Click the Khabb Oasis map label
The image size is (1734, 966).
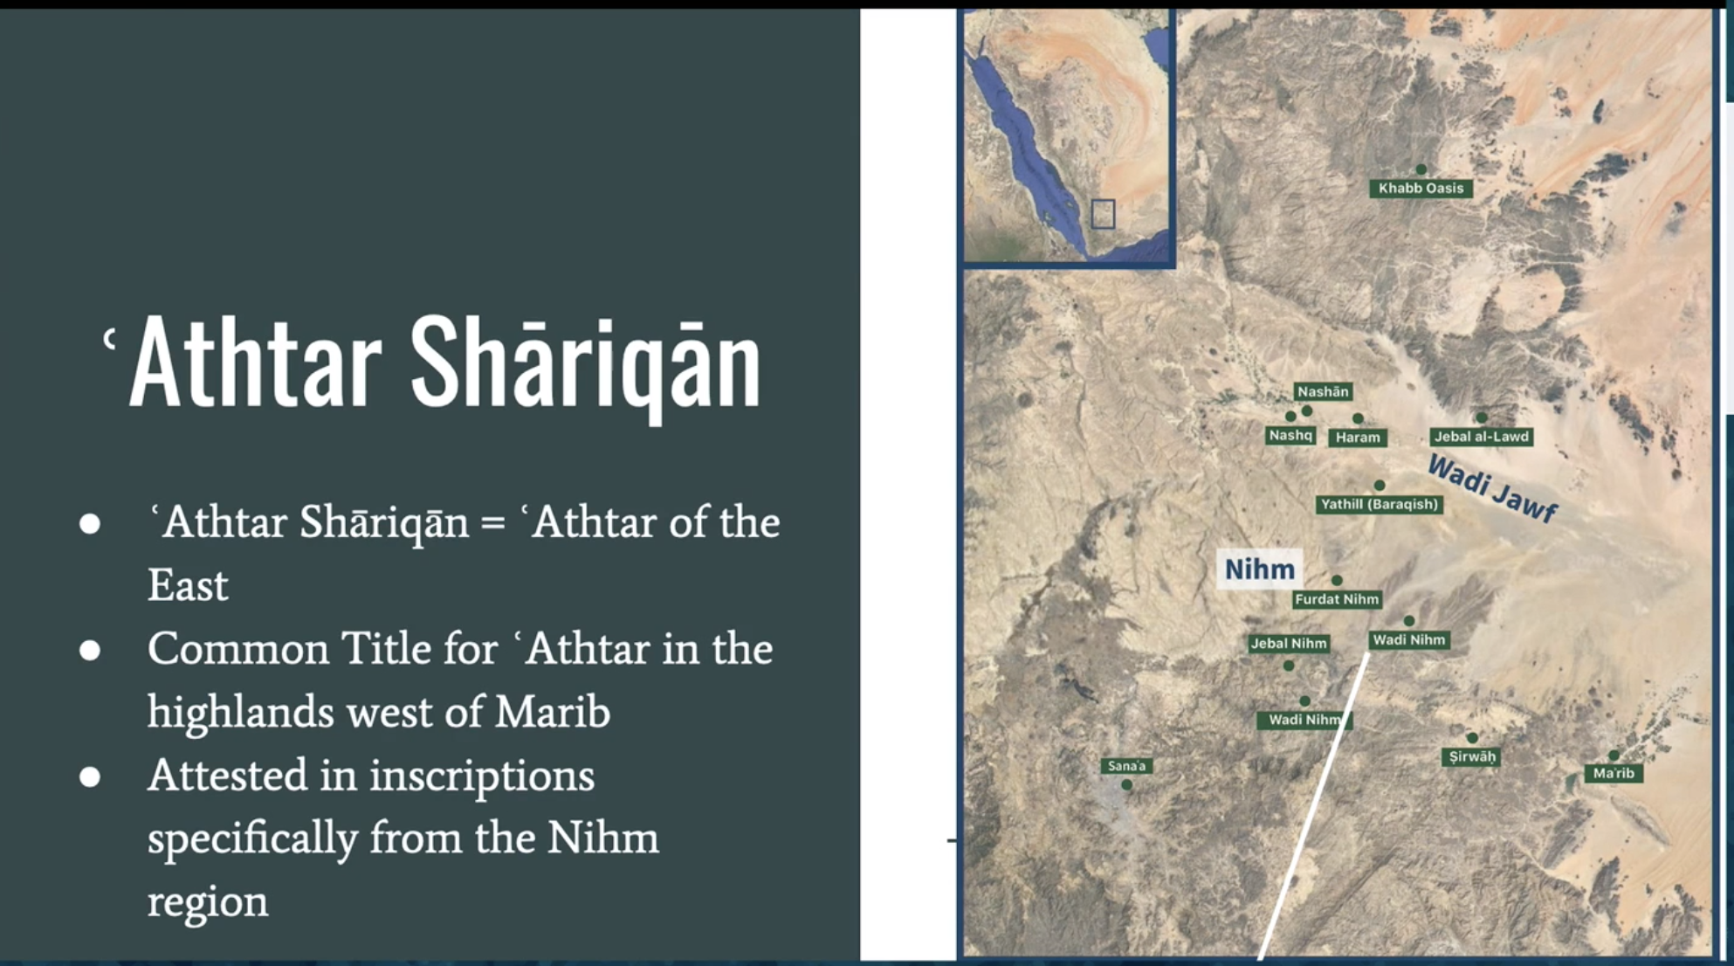(1421, 188)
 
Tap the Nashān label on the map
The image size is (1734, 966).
(1323, 391)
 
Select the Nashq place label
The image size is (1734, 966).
(1290, 435)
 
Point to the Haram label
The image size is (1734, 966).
(1358, 437)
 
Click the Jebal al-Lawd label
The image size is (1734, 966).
(1482, 436)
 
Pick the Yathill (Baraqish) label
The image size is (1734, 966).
(1379, 504)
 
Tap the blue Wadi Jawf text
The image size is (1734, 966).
(1492, 489)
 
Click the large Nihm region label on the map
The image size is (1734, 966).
(1260, 569)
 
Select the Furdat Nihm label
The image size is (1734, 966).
(1337, 599)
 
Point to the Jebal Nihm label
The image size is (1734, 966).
(1289, 644)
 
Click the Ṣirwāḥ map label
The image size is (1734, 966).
(1472, 756)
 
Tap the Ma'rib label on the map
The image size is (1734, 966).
(1614, 773)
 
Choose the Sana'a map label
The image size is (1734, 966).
(1126, 766)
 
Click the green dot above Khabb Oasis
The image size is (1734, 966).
(1421, 169)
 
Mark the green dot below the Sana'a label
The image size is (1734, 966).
(1127, 785)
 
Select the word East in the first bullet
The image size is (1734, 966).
(188, 585)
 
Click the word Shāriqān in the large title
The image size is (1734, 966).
(586, 362)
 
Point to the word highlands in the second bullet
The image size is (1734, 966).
(240, 712)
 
